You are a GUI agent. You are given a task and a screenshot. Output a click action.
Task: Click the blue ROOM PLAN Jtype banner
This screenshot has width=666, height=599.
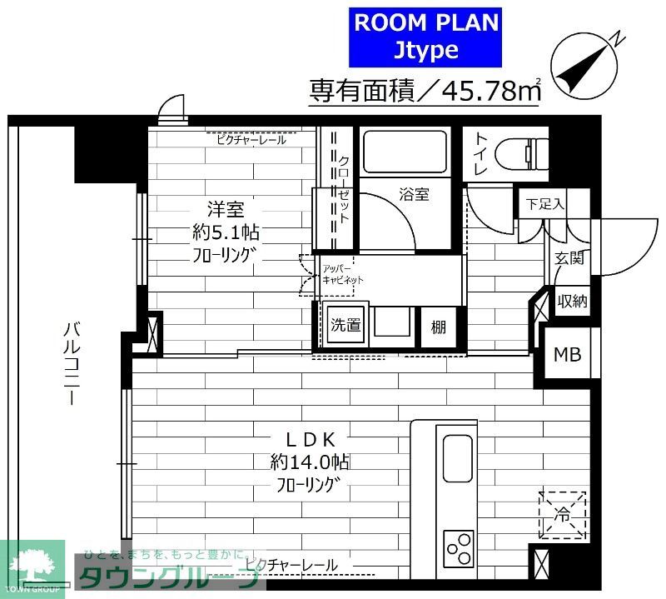point(427,36)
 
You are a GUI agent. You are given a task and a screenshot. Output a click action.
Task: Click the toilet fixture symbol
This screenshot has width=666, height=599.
point(520,154)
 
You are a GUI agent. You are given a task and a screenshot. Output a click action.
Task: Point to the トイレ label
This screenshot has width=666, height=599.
point(480,155)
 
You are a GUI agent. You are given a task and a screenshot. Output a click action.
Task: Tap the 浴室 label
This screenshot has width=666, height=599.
point(414,195)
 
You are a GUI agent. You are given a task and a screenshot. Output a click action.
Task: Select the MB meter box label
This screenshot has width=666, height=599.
point(568,354)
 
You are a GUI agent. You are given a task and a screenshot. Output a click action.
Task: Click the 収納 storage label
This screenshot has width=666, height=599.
point(572,301)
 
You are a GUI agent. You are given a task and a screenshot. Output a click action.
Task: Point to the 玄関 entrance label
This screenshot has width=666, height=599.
point(569,258)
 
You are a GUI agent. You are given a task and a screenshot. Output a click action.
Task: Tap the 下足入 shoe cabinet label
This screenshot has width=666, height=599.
point(546,202)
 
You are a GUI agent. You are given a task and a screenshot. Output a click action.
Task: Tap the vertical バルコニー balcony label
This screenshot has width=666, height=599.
point(72,363)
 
